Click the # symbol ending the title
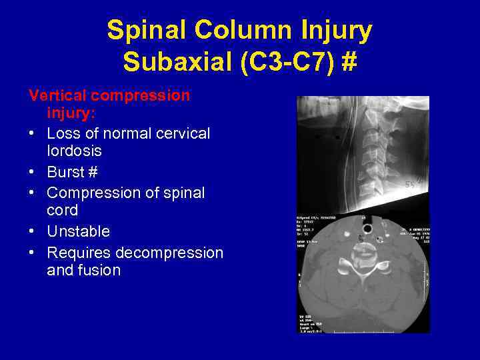349,63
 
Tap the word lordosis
74,151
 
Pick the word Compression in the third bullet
91,193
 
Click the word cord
62,211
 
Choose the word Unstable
78,232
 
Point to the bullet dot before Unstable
32,233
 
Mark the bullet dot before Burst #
32,173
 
